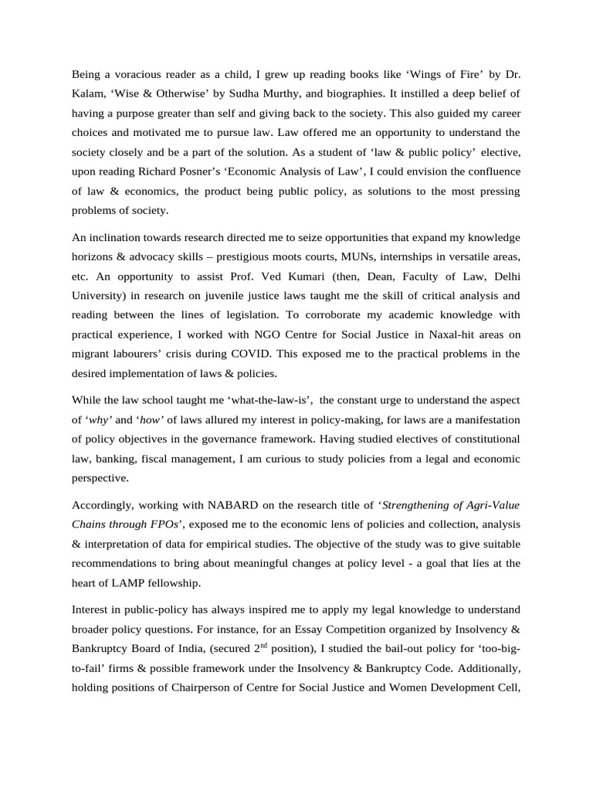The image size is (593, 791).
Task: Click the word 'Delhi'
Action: coord(504,275)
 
